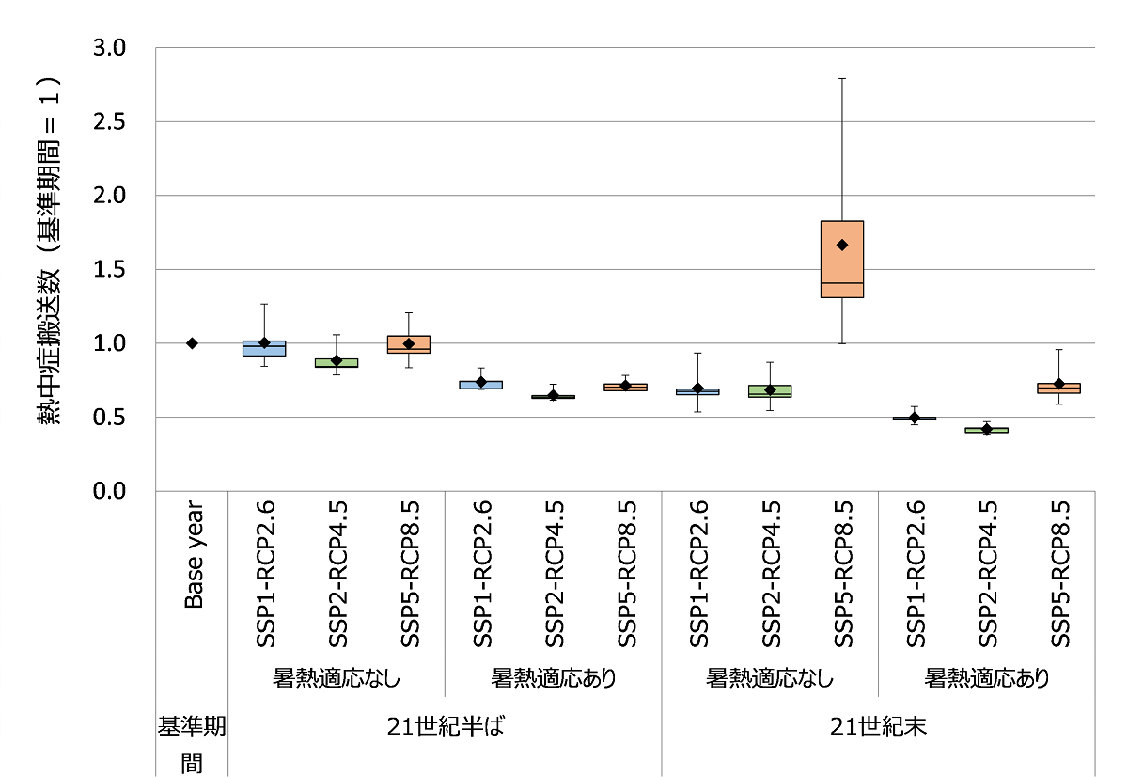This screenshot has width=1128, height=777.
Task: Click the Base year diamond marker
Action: click(x=192, y=343)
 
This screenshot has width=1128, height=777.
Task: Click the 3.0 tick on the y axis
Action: click(x=113, y=48)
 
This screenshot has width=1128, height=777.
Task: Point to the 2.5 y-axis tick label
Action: click(x=113, y=122)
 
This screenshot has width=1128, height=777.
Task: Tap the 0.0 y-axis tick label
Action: click(x=113, y=491)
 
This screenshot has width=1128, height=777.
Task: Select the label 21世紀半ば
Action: click(x=446, y=727)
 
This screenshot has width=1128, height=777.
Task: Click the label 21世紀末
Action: click(x=879, y=727)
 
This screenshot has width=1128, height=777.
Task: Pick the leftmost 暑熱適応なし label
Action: click(x=337, y=677)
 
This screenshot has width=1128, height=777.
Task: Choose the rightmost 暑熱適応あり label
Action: click(x=987, y=677)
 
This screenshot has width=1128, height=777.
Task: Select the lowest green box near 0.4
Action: click(x=987, y=430)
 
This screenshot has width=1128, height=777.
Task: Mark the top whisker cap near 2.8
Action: click(x=842, y=78)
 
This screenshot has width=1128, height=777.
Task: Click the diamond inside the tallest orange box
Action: click(x=842, y=245)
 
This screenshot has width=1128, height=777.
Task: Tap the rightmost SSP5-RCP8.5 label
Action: click(x=1060, y=574)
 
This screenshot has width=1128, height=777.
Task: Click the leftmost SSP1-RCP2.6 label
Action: click(x=264, y=574)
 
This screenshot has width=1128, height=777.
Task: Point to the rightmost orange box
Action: click(x=1059, y=388)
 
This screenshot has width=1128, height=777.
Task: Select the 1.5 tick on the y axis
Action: click(x=113, y=270)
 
